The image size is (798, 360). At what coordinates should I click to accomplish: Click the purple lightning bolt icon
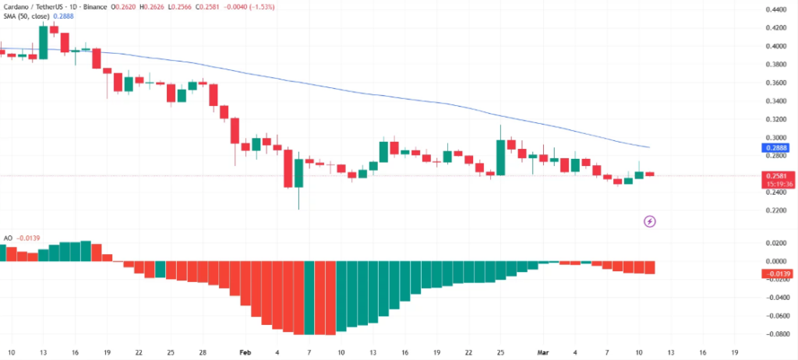650,221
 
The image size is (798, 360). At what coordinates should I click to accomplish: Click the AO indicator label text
8,238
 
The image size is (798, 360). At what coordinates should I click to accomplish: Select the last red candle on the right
650,174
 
